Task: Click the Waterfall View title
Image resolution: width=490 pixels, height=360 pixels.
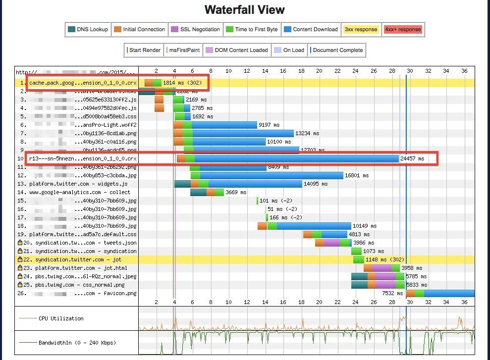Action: point(245,10)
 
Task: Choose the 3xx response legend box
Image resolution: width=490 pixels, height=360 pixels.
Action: point(361,29)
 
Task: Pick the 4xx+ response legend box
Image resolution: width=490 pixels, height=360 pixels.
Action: point(403,29)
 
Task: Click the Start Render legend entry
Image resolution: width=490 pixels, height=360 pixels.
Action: point(144,50)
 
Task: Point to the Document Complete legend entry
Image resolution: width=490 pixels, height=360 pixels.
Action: point(336,50)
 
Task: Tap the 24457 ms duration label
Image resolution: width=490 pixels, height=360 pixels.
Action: point(412,158)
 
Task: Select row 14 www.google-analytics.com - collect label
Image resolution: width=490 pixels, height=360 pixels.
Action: point(80,192)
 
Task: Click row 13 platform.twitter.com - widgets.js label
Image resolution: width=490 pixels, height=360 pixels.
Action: point(78,184)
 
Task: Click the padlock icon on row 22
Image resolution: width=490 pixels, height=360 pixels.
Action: point(20,259)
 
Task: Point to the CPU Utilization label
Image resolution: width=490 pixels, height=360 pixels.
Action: point(61,318)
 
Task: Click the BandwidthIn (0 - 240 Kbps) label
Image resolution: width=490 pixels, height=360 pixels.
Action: point(74,343)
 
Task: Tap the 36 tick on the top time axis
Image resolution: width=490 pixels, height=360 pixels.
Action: point(464,71)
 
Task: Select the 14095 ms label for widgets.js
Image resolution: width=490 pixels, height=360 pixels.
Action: point(316,184)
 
